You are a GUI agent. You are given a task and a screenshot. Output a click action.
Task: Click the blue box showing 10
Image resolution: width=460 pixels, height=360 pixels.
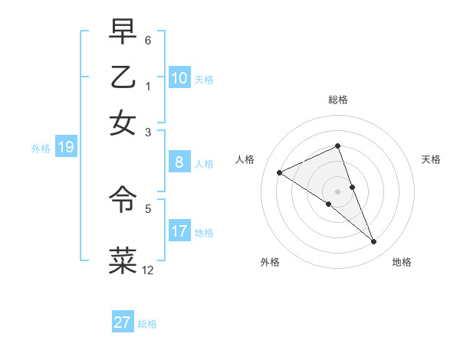tap(179, 77)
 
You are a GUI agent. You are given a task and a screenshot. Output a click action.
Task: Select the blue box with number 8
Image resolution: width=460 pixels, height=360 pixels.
tap(179, 162)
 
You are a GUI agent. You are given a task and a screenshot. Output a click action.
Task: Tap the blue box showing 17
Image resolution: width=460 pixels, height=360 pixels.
tap(179, 231)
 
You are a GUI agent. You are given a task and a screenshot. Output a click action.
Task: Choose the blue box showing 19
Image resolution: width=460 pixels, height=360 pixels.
tap(65, 148)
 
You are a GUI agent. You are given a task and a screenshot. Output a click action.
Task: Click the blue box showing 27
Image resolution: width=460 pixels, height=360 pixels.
tap(123, 322)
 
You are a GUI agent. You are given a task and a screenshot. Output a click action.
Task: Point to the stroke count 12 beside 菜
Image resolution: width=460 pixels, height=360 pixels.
tap(147, 270)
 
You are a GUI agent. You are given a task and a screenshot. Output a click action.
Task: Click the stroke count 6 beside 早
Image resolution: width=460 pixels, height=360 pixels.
tap(147, 38)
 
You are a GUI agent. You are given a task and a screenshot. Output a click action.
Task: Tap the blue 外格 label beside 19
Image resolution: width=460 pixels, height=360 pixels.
tap(41, 149)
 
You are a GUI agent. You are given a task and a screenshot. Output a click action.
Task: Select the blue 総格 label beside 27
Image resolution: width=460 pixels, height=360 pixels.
tap(147, 324)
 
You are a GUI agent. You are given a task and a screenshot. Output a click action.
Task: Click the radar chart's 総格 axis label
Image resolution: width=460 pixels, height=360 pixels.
tap(337, 100)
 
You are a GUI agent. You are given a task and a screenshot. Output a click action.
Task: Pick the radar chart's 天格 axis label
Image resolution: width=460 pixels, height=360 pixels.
tap(432, 159)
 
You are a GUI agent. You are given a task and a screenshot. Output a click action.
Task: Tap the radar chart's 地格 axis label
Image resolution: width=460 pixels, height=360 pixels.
tap(402, 262)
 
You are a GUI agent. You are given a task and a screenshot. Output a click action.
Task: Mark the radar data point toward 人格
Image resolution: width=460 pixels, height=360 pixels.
tap(279, 172)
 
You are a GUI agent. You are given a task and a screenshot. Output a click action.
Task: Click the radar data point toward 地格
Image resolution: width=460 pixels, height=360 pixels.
tap(374, 242)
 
